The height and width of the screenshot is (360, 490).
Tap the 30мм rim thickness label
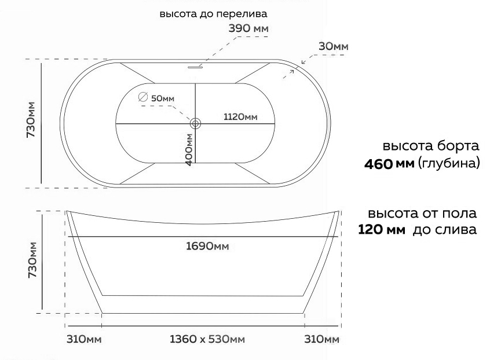click(333, 46)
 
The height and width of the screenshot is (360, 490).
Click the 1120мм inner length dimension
click(240, 117)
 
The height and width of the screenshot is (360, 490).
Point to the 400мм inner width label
click(189, 150)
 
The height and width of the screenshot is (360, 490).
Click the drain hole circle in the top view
click(195, 123)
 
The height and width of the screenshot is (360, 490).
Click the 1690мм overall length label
click(207, 247)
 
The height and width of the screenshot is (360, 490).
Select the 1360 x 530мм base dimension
click(207, 339)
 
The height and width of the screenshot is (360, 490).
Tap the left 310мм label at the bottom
click(85, 339)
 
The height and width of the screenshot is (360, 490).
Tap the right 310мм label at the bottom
click(321, 339)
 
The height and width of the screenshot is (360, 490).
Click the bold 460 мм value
click(385, 164)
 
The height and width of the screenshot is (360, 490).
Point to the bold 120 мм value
click(382, 230)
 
